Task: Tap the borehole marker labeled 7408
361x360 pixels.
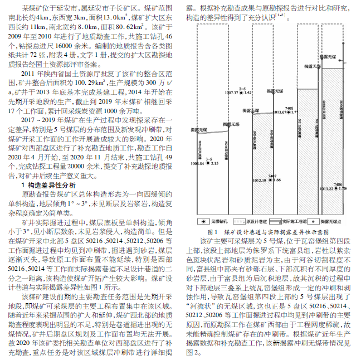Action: (289, 112)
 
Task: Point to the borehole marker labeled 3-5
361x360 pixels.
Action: (208, 164)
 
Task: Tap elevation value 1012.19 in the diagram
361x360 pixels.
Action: (259, 181)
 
